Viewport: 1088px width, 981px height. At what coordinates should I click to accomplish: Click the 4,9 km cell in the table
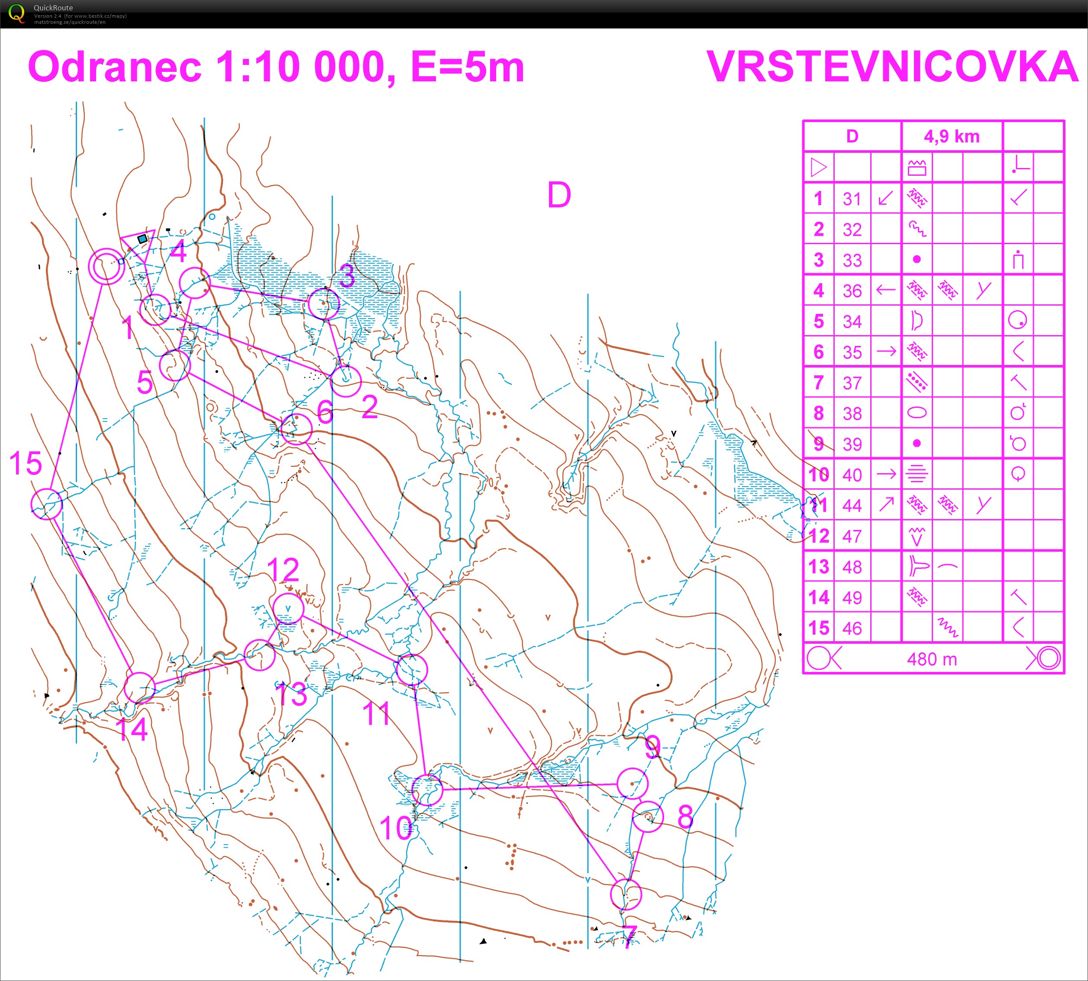click(x=952, y=136)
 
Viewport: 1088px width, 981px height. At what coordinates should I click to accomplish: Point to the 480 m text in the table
click(x=932, y=658)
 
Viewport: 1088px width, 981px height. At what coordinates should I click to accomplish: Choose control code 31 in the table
click(x=852, y=199)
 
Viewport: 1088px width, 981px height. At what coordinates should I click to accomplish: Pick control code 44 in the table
click(x=852, y=506)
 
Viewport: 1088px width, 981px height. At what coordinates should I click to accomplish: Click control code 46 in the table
click(x=852, y=628)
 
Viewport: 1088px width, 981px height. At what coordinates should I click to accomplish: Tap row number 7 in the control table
click(x=818, y=383)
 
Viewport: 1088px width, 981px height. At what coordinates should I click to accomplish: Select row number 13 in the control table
click(x=818, y=567)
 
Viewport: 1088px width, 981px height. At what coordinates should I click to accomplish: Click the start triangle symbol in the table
click(x=818, y=167)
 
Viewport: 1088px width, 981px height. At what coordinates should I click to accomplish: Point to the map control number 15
click(x=26, y=463)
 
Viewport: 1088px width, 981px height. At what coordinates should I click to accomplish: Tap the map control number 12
click(x=283, y=570)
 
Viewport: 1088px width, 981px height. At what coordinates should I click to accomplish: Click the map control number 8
click(x=685, y=816)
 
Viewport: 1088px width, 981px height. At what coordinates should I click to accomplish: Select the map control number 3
click(x=347, y=275)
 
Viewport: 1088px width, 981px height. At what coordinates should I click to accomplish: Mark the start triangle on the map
click(x=138, y=242)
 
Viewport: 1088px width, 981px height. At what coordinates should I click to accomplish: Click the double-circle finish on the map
click(x=106, y=266)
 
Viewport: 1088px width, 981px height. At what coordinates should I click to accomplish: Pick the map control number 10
click(x=396, y=828)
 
